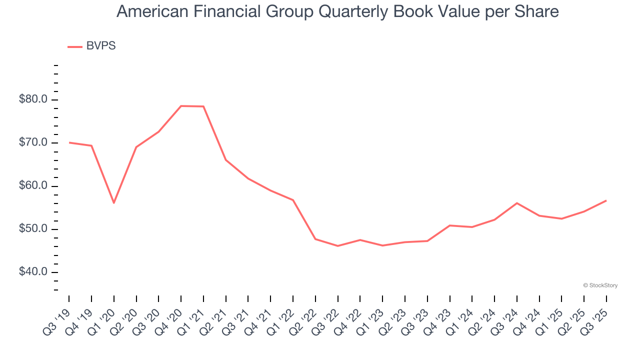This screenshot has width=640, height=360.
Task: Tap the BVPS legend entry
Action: click(x=92, y=46)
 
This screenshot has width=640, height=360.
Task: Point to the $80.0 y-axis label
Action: click(x=33, y=99)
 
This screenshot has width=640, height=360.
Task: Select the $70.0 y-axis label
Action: click(x=33, y=143)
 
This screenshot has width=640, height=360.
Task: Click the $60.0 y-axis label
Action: click(x=33, y=186)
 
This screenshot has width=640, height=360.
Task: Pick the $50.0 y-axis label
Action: click(x=33, y=229)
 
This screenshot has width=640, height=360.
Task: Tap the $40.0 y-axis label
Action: click(x=33, y=272)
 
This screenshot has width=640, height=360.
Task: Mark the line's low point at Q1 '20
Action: click(x=114, y=202)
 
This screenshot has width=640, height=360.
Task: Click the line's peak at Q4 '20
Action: click(x=181, y=106)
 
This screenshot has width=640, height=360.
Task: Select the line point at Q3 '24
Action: click(x=517, y=203)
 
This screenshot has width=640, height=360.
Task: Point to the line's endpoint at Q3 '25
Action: click(x=606, y=200)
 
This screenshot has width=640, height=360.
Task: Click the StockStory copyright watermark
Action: click(x=600, y=285)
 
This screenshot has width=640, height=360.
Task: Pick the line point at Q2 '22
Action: click(x=315, y=239)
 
